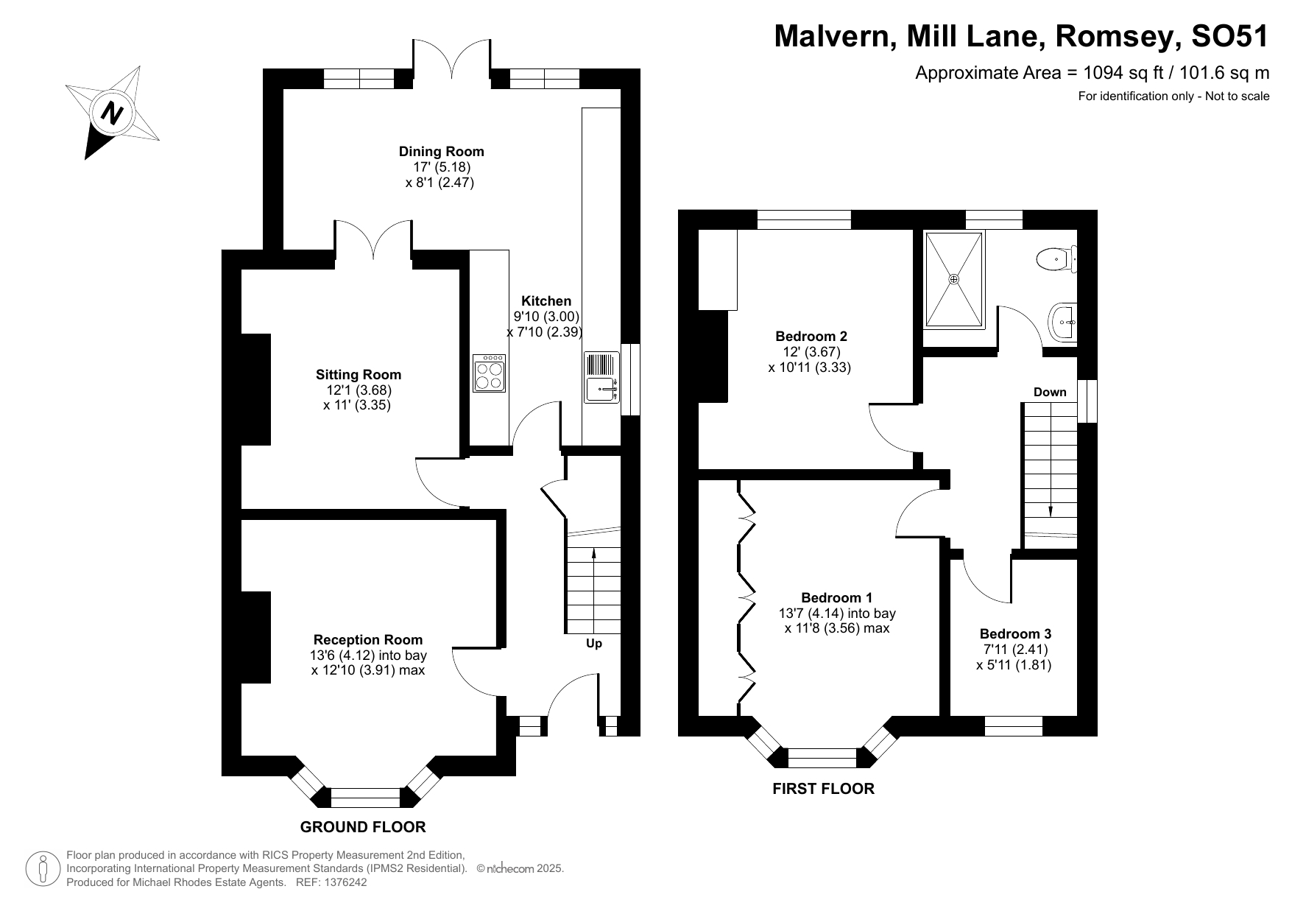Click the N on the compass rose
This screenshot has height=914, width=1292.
[112, 113]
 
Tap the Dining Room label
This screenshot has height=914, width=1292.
[441, 151]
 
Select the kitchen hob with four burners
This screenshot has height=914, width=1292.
[489, 373]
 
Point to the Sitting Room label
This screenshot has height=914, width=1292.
[359, 374]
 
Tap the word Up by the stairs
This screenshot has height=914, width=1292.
[593, 643]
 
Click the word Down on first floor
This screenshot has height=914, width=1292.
[1049, 392]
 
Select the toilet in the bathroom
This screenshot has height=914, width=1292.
[1053, 259]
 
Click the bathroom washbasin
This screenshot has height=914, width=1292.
[1061, 322]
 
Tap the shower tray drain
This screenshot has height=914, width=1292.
[954, 279]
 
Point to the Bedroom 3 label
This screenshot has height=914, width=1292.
[1015, 633]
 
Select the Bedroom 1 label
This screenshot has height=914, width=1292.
[836, 597]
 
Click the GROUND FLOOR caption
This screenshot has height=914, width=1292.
[363, 826]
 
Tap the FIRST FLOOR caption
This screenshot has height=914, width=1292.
[823, 789]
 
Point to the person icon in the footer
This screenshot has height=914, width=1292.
[43, 869]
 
